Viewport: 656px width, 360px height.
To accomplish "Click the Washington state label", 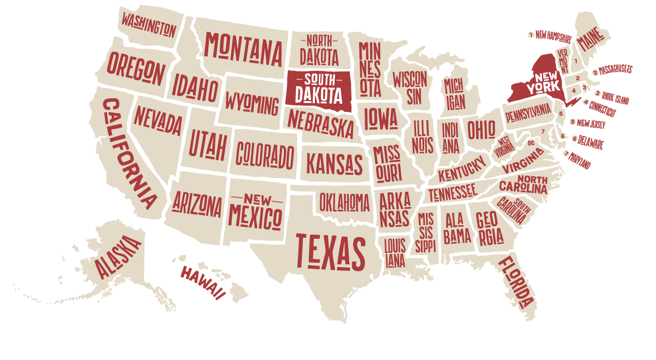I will coord(149,25).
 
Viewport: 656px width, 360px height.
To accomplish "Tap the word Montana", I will coord(244,49).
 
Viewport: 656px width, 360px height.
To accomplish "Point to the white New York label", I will coord(543,82).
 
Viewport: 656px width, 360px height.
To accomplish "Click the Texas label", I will coord(330,251).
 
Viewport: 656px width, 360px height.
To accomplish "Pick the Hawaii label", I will coord(203,281).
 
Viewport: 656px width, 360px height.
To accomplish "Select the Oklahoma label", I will coord(344,203).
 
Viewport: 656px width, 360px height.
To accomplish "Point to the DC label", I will coord(531,143).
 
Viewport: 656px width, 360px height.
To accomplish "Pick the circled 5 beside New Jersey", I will coord(572,122).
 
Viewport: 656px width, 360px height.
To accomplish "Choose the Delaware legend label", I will coord(591,143).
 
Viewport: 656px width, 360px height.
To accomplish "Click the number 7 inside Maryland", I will coord(543,132).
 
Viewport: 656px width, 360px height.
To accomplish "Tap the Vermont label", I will coord(563,62).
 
